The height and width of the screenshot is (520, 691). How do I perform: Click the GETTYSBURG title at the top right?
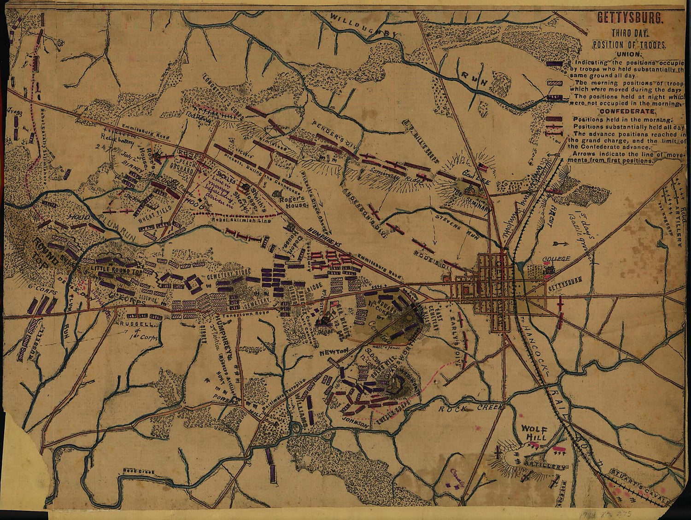point(630,19)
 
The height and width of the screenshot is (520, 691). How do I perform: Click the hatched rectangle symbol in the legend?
point(556,82)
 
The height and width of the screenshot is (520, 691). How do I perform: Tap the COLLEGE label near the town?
point(556,259)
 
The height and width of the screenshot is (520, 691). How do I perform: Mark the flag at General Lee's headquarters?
point(482,166)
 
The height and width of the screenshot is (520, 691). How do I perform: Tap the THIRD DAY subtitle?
point(630,33)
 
